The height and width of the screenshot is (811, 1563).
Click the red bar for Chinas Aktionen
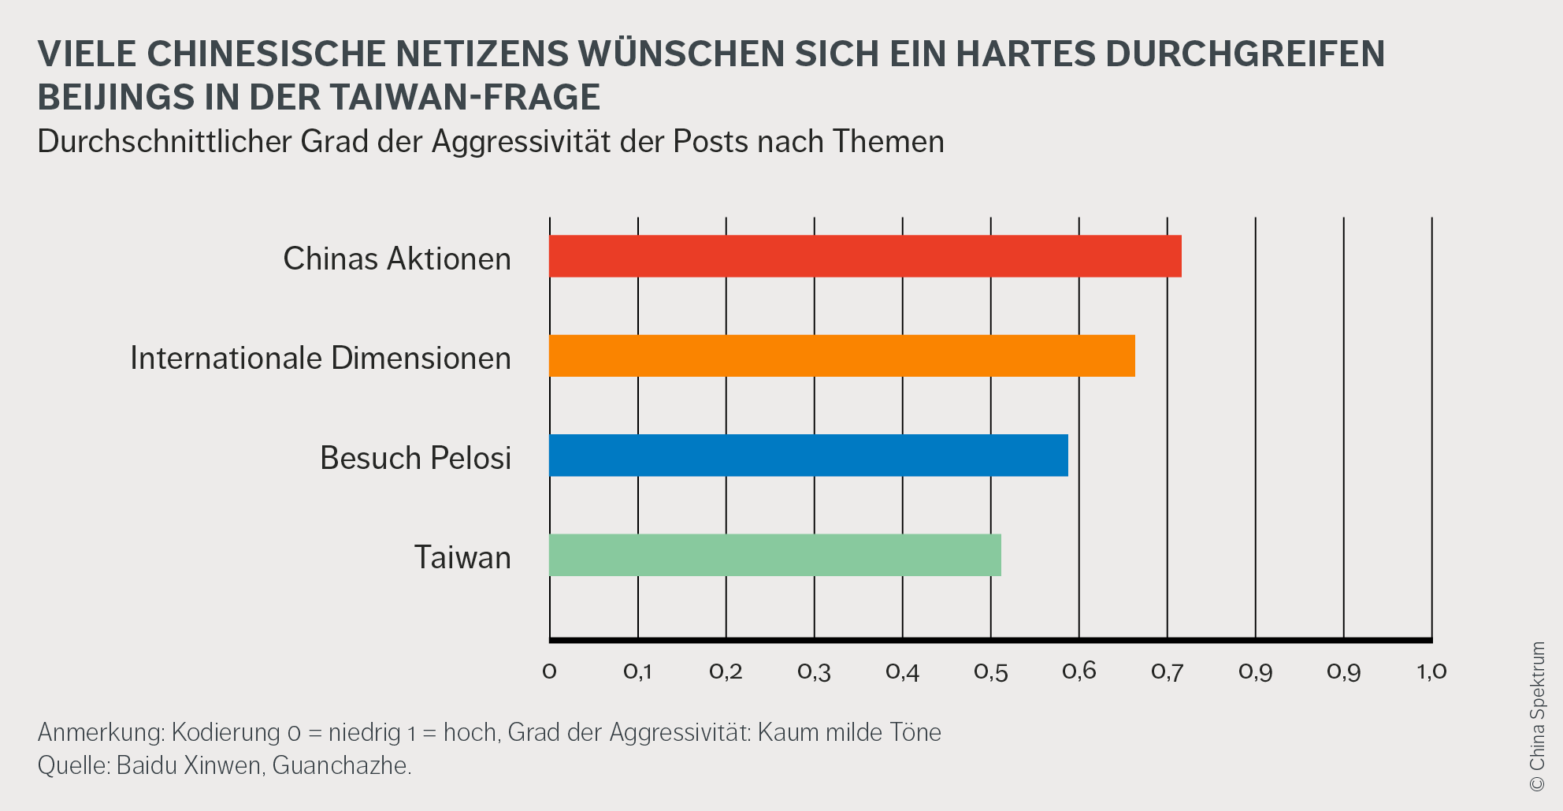[865, 256]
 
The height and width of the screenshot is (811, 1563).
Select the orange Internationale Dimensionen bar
[841, 355]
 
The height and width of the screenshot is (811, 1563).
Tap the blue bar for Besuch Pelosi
[808, 456]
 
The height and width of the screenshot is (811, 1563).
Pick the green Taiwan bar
[774, 555]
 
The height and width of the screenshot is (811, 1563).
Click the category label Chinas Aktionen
[397, 259]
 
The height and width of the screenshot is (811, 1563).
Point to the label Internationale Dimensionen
[321, 358]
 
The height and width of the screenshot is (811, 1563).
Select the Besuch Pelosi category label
[415, 458]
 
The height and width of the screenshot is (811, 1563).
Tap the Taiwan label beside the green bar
[462, 557]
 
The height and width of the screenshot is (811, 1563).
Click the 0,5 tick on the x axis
[990, 671]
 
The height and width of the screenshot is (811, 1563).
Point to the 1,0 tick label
[1431, 671]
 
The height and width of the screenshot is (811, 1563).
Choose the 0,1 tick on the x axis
[637, 671]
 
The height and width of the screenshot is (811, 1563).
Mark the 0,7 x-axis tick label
[1167, 671]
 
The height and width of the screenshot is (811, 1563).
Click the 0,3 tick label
[814, 671]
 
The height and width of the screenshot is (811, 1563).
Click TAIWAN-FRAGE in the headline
[465, 97]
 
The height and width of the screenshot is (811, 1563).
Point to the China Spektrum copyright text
[1537, 716]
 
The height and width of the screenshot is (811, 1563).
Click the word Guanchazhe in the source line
[341, 765]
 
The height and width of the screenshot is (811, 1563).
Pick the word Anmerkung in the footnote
[101, 732]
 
